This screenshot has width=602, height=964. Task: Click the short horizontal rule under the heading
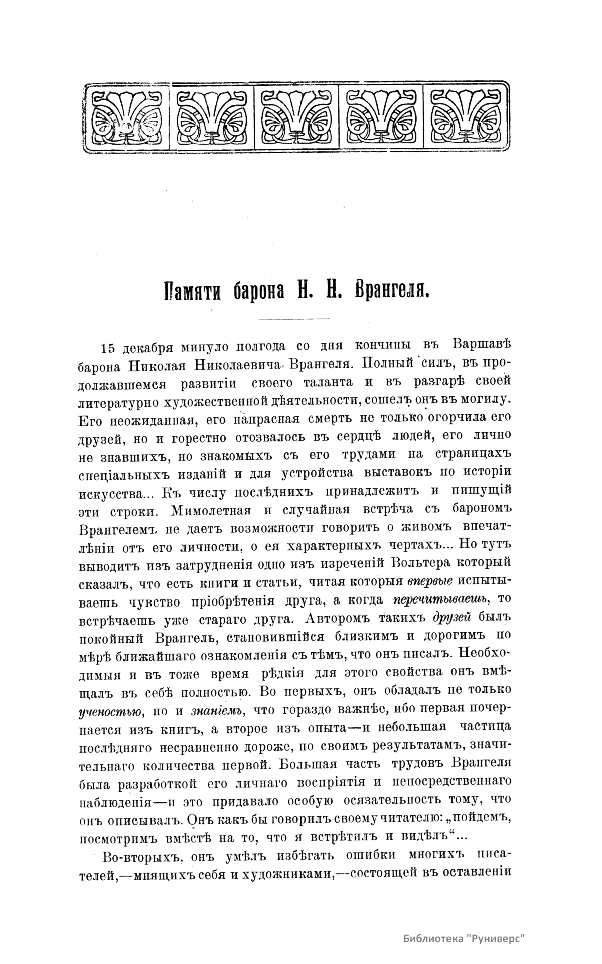[x=293, y=319]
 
